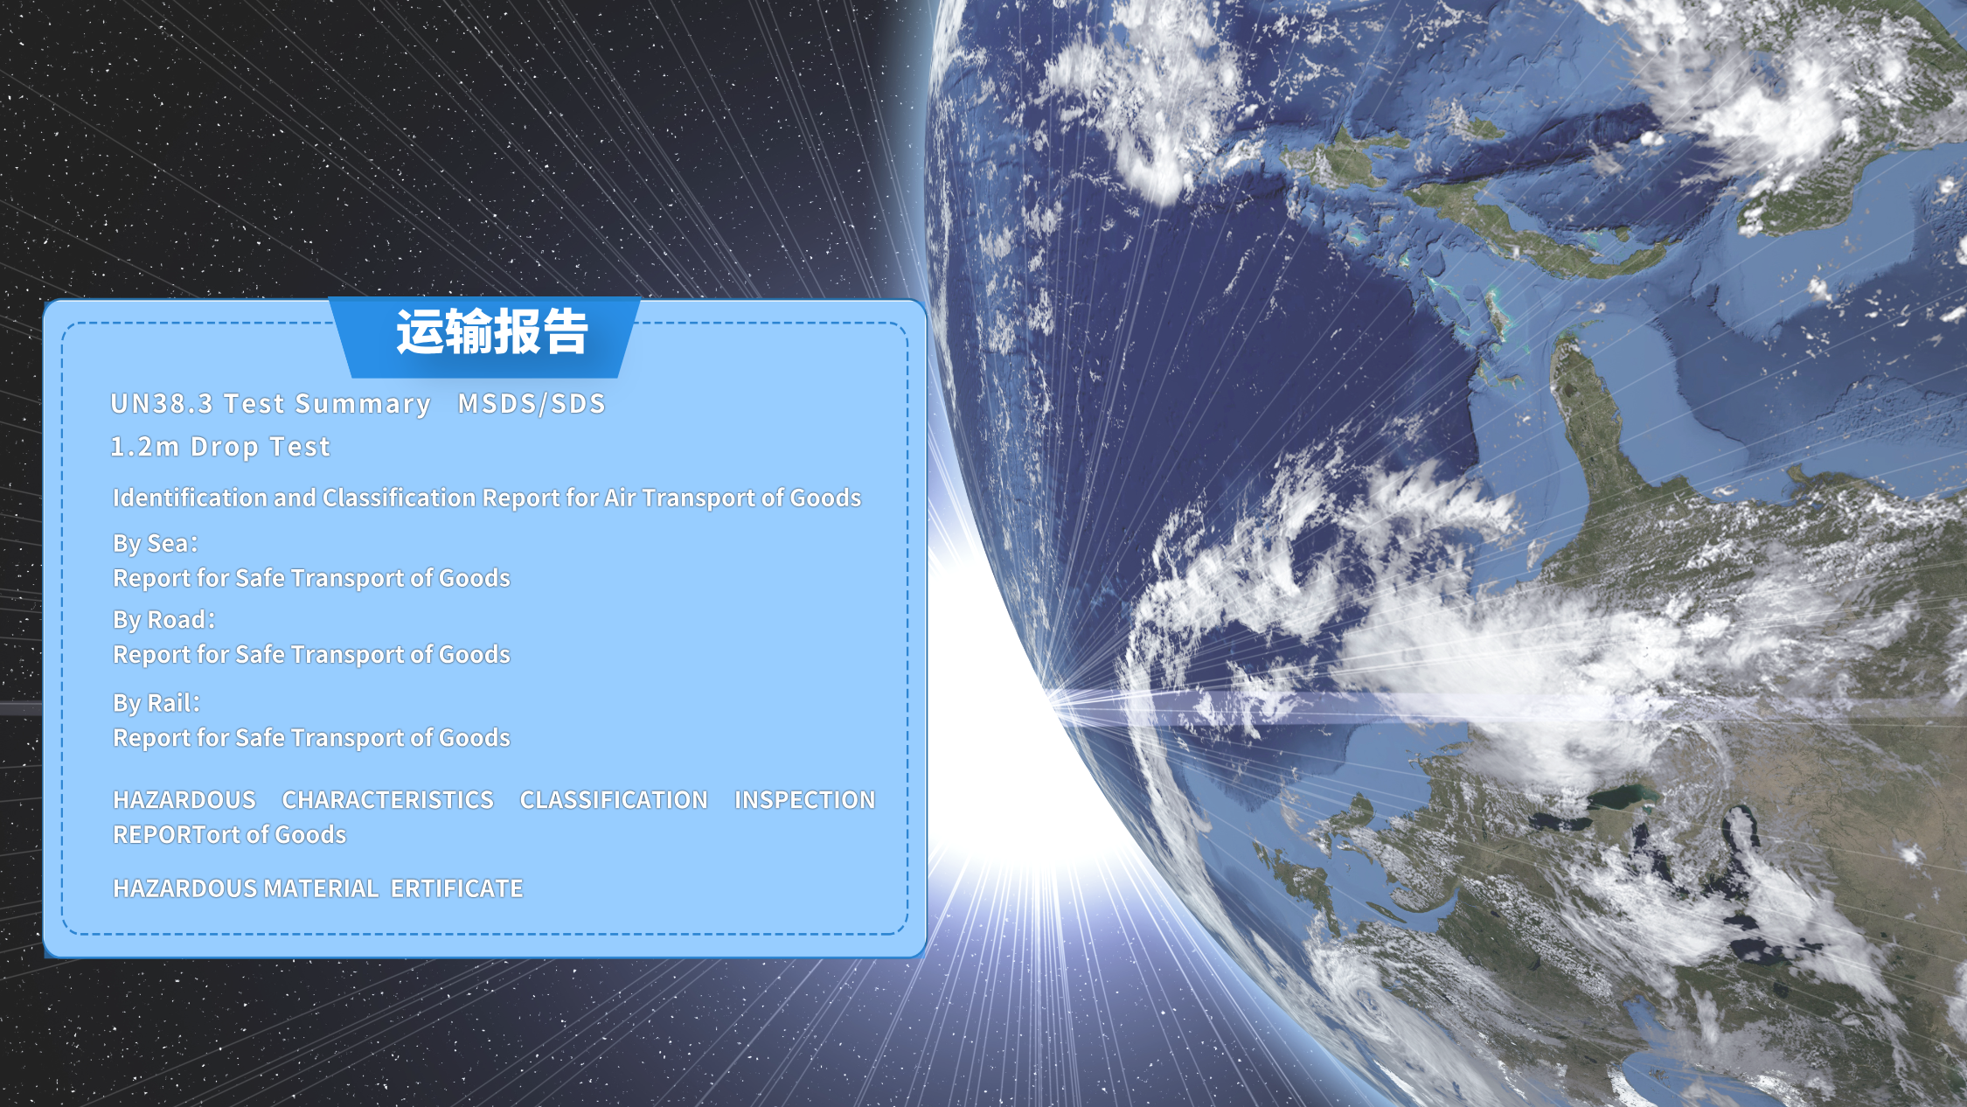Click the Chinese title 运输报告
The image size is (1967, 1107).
tap(492, 332)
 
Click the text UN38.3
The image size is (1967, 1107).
tap(162, 404)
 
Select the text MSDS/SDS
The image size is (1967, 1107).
tap(532, 404)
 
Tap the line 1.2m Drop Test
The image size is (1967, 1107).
tap(220, 447)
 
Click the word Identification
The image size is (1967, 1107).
tap(190, 498)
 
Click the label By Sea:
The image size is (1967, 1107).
tap(156, 543)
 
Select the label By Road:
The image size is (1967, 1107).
tap(164, 619)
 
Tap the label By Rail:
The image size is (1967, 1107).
tap(156, 703)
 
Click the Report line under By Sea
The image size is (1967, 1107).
tap(311, 578)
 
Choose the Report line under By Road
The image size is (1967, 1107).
tap(311, 654)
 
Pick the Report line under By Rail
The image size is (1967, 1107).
tap(311, 738)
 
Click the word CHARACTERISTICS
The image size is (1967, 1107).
tap(388, 800)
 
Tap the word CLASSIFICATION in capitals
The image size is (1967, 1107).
tap(614, 800)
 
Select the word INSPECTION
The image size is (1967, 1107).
tap(804, 800)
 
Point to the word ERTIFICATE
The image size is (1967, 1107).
tap(456, 888)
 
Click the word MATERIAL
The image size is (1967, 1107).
tap(321, 888)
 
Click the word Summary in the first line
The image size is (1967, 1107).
tap(363, 405)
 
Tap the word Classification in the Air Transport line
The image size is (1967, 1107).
tap(399, 498)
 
